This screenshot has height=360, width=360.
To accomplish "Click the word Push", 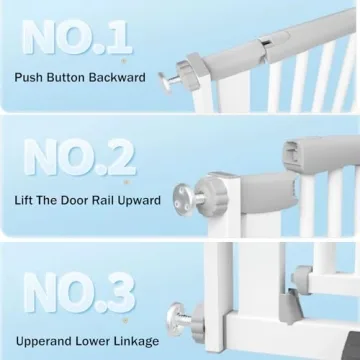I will click(x=31, y=77).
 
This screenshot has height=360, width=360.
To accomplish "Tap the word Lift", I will click(x=27, y=201).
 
